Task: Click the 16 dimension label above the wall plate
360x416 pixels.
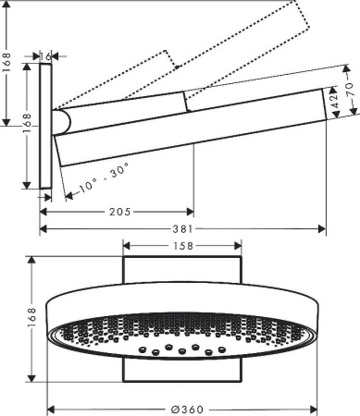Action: point(46,56)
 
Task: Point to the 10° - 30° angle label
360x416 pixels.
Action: point(104,179)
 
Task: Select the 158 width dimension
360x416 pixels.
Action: point(182,247)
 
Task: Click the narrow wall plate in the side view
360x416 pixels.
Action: point(46,129)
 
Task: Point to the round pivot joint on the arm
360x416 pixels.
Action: point(61,121)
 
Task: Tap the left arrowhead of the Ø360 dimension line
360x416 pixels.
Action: point(53,408)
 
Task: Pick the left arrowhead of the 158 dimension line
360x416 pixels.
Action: point(128,247)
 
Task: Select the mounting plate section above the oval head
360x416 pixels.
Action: point(182,273)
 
